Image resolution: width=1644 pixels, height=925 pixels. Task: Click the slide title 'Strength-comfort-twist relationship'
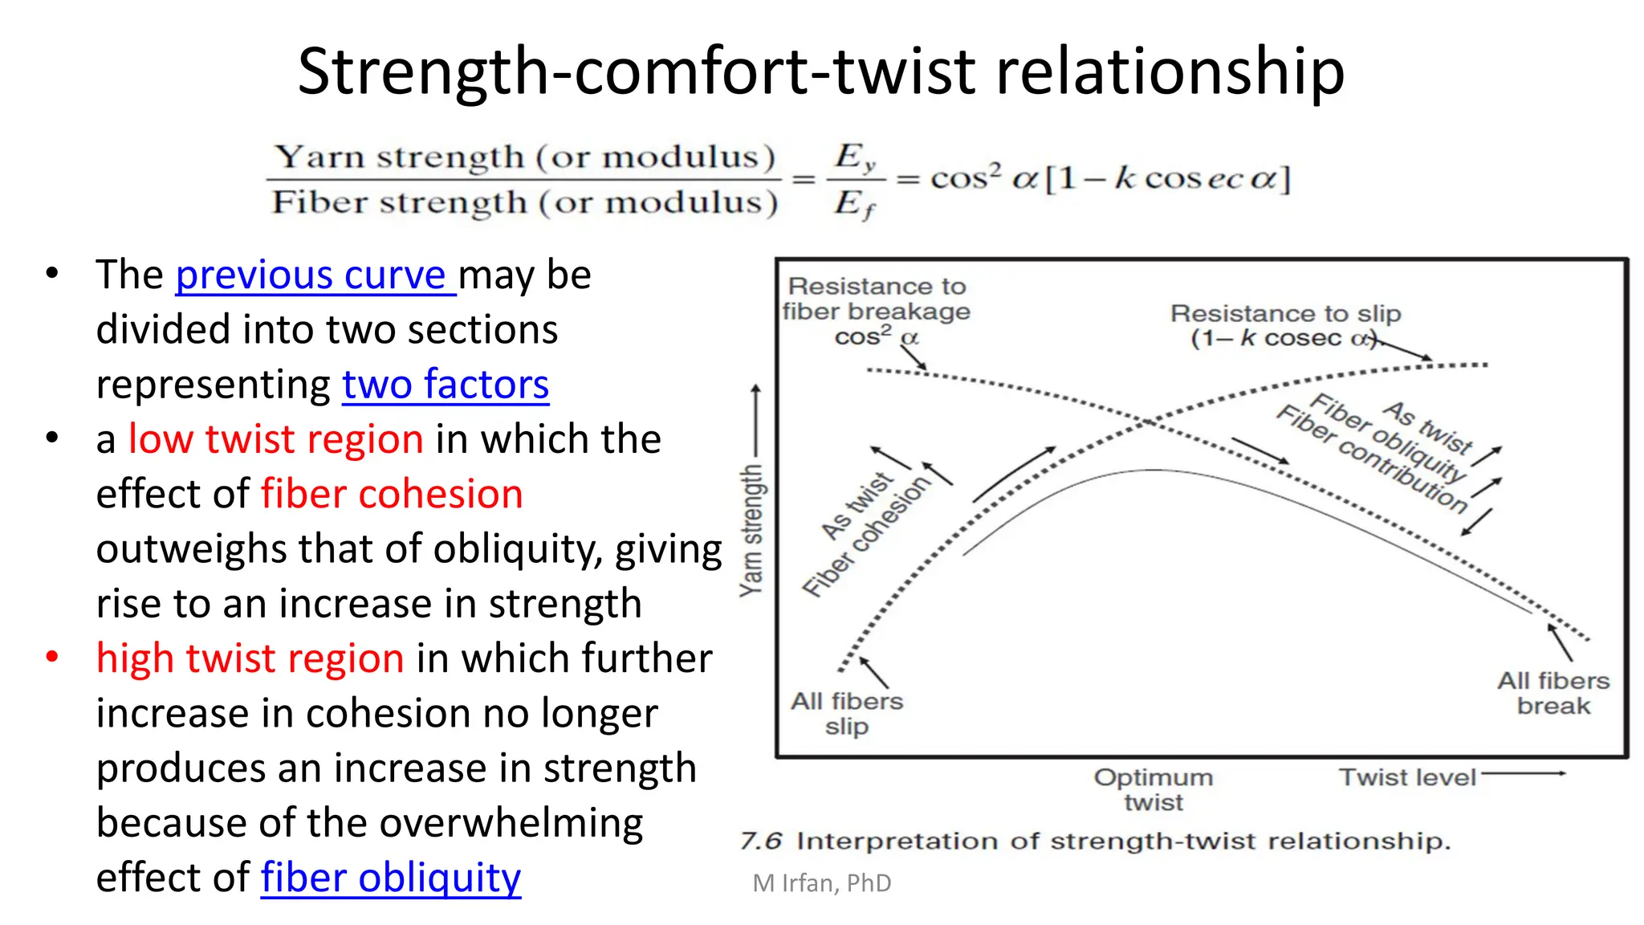tap(820, 71)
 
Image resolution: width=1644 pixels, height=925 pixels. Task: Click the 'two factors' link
tap(446, 385)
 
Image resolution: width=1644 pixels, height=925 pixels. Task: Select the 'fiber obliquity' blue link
tap(391, 878)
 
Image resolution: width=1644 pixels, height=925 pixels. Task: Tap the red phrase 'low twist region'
tap(275, 440)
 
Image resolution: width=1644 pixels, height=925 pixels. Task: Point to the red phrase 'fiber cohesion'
tap(392, 495)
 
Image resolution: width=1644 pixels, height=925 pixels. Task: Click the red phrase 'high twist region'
tap(250, 659)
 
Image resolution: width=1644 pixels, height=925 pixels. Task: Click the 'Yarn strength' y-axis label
tap(751, 530)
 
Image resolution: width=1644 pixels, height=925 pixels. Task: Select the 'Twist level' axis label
tap(1407, 777)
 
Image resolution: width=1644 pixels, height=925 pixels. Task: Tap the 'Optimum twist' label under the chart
tap(1154, 789)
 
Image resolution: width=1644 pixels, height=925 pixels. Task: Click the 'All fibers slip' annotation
tap(847, 713)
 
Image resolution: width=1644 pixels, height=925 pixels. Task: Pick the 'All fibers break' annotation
tap(1553, 693)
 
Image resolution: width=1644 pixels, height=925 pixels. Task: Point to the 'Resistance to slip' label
tap(1285, 314)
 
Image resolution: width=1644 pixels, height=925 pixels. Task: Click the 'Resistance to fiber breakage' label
tap(877, 299)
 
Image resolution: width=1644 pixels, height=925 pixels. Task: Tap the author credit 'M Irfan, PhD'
tap(822, 883)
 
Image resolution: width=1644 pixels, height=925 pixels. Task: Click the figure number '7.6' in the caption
tap(760, 841)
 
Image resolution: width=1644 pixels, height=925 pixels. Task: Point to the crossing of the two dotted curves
tap(1150, 422)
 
